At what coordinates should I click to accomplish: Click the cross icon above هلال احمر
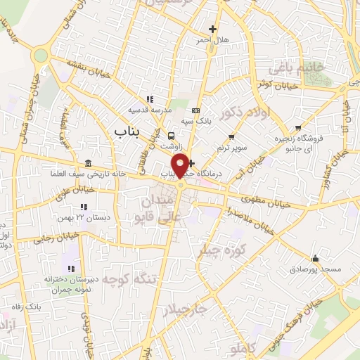click(x=212, y=29)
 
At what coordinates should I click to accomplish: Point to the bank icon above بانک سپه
click(x=195, y=111)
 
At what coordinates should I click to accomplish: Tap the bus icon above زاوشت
click(x=172, y=135)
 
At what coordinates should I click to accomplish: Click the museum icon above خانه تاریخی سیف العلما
click(x=86, y=162)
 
